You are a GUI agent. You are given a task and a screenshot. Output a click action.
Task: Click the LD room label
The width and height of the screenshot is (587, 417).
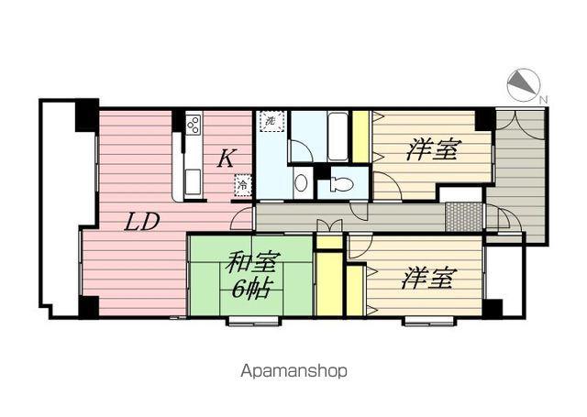[x=143, y=221]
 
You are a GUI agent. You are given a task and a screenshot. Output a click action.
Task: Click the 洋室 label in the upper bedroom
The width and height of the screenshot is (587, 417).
[x=432, y=149]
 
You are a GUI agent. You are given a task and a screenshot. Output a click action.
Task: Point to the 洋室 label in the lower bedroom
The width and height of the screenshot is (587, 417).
[x=426, y=280]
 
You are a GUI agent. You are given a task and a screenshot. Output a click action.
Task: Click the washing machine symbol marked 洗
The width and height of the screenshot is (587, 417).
[x=271, y=122]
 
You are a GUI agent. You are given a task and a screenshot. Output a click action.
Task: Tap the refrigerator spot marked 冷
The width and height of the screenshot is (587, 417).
[x=242, y=184]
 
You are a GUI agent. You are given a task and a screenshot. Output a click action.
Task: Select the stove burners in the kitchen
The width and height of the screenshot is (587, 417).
[x=194, y=125]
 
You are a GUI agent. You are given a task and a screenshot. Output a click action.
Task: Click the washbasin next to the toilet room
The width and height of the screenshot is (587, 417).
[x=301, y=181]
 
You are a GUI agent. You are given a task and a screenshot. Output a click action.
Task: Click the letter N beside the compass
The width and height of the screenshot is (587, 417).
[x=543, y=98]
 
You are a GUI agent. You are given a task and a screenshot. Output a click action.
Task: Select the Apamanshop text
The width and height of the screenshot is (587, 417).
[x=293, y=371]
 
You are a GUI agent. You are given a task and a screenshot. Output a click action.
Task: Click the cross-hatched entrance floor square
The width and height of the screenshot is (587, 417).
[x=464, y=217]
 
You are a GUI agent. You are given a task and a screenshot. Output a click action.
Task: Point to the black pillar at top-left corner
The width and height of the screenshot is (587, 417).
[x=86, y=115]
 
